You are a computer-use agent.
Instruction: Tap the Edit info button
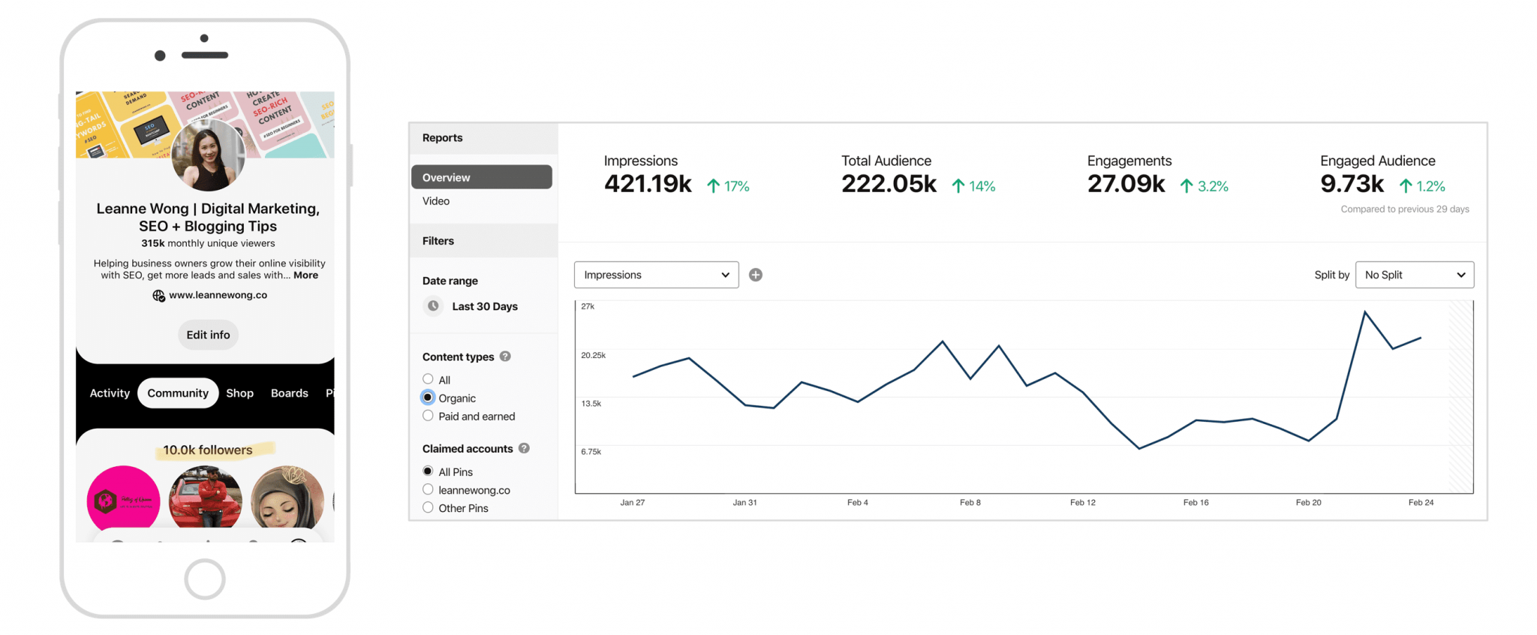click(x=208, y=335)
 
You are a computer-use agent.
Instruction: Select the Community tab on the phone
click(x=178, y=393)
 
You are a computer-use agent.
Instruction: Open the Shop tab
click(x=239, y=393)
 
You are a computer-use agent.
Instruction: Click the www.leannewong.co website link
click(x=218, y=295)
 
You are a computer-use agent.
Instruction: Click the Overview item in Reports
click(x=481, y=177)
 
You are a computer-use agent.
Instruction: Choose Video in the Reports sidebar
click(x=436, y=201)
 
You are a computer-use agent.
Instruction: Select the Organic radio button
click(x=428, y=398)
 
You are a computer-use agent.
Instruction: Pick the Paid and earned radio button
click(x=428, y=416)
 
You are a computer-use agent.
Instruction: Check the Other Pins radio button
click(x=428, y=508)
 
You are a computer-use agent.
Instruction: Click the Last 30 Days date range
click(x=484, y=306)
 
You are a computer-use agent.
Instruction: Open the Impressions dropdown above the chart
click(x=656, y=275)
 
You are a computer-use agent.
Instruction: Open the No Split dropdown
click(x=1414, y=275)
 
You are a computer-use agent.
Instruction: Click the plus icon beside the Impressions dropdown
click(x=756, y=275)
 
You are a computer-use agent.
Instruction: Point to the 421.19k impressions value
click(x=648, y=184)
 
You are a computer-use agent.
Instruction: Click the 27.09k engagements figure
click(x=1126, y=184)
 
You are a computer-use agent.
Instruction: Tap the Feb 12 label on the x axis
click(x=1082, y=503)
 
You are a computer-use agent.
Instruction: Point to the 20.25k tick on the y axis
click(x=593, y=355)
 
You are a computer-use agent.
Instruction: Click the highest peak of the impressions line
click(x=1364, y=311)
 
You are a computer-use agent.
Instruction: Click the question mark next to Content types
click(x=505, y=357)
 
